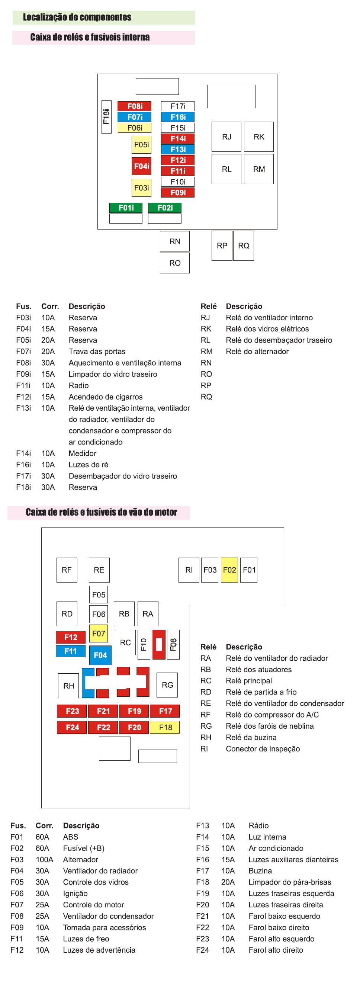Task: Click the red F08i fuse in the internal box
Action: coord(134,106)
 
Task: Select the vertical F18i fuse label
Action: coord(106,117)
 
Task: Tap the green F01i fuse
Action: coord(126,208)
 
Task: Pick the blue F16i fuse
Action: coord(178,117)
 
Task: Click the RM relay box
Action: coord(258,169)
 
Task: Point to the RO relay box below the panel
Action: coord(175,263)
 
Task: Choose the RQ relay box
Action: coord(244,246)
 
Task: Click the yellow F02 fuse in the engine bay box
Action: coord(229,570)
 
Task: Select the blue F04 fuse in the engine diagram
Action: coord(100,655)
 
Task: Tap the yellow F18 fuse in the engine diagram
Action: coord(165,728)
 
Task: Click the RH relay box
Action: coord(68,686)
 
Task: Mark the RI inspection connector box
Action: coord(189,570)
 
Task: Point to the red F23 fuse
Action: coord(72,711)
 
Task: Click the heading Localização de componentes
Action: coord(77,17)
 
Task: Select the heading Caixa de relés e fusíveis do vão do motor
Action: coord(101,512)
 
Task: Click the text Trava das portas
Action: coord(97,352)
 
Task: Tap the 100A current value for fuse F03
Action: coord(44,859)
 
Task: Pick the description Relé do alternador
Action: coord(257,352)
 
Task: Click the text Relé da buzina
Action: coord(251,737)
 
